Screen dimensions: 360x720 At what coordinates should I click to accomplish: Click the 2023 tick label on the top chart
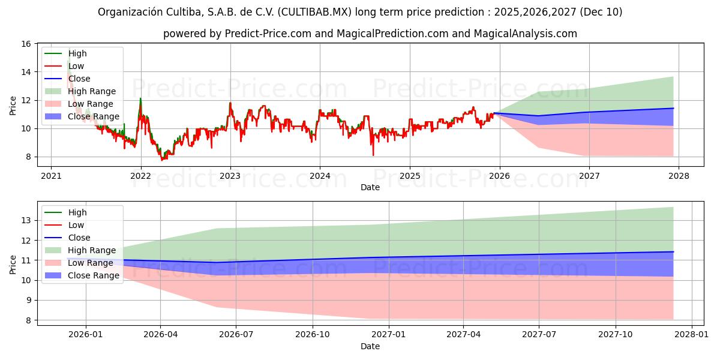230,176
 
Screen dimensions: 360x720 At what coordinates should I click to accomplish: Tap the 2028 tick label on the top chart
678,176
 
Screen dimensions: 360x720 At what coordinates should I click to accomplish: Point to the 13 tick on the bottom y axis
26,220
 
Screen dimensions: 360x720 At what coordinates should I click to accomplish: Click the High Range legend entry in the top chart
92,91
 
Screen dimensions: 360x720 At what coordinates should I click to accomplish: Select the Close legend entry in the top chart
79,79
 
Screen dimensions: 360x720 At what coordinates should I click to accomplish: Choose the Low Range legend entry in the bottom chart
91,263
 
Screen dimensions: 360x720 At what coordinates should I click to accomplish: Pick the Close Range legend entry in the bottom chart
94,275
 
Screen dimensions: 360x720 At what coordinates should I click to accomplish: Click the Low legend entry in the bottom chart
76,225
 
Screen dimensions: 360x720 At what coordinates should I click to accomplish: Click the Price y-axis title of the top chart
13,106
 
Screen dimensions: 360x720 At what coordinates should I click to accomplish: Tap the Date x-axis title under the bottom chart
370,346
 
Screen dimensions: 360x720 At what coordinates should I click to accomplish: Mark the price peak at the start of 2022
140,98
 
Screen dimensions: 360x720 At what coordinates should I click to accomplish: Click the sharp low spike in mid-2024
373,155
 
